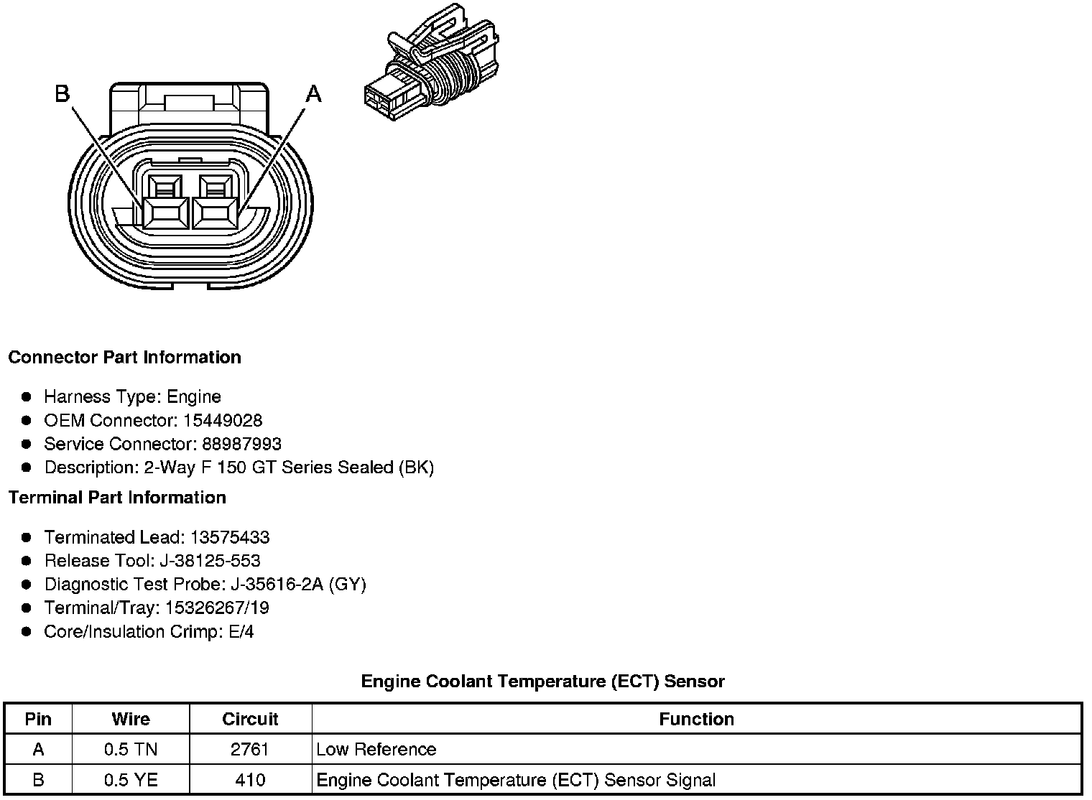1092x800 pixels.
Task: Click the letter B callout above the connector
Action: [63, 93]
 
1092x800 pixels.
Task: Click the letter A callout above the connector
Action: [314, 93]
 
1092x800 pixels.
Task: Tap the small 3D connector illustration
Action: [431, 65]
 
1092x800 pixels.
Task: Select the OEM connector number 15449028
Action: [223, 420]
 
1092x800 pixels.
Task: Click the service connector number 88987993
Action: [241, 444]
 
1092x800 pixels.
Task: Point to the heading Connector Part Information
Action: [124, 358]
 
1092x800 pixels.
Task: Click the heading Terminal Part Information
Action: [117, 498]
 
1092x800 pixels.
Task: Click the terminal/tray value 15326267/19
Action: [217, 608]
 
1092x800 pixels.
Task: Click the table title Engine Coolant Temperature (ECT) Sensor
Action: [542, 682]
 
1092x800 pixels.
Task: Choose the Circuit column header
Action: [250, 720]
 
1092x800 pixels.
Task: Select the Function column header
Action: [696, 720]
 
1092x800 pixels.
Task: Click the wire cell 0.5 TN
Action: [131, 750]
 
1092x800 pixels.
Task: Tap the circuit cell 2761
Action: [250, 750]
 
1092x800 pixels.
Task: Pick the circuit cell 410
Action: [250, 780]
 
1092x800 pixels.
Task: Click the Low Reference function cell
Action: [376, 750]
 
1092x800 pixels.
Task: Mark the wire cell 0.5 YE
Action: [131, 780]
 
